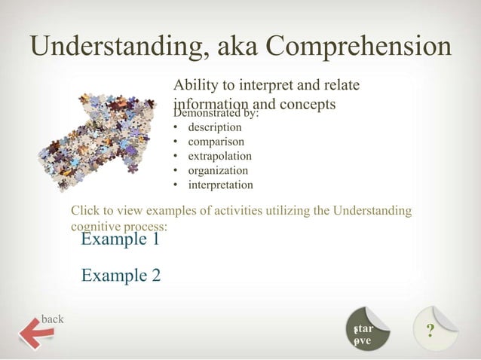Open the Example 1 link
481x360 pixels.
(x=121, y=239)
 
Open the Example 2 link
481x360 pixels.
(x=121, y=275)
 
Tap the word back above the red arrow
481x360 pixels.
(x=52, y=318)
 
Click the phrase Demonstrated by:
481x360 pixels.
(x=216, y=113)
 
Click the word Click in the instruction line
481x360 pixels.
(x=84, y=211)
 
